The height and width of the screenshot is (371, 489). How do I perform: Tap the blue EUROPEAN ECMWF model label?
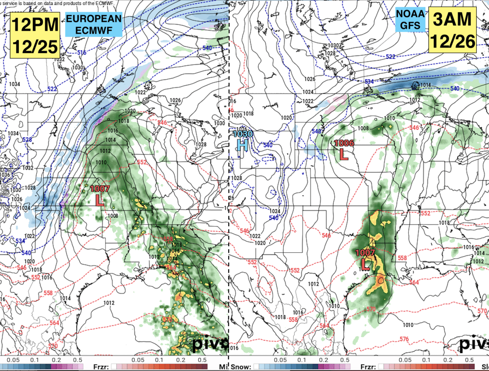tap(94, 24)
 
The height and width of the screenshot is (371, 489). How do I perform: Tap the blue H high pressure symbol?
tap(243, 145)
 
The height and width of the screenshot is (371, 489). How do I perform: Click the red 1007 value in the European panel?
tap(99, 189)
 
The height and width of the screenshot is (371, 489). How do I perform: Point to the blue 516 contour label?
tap(82, 53)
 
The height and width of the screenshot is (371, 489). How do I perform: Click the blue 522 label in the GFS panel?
tap(390, 57)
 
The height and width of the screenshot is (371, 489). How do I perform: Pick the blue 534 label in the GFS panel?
tap(369, 82)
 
